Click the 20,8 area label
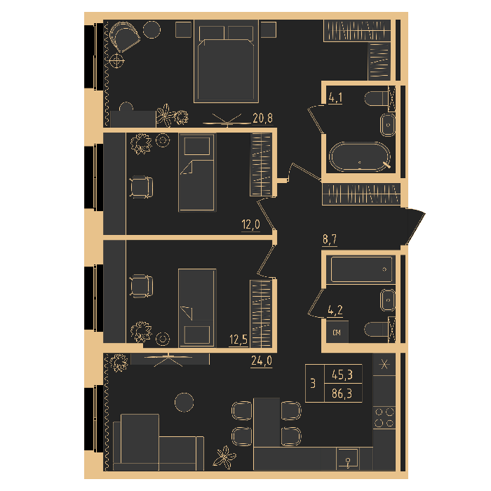pos(262,119)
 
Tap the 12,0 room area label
pos(250,224)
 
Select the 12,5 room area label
pos(238,339)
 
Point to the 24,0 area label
pos(262,361)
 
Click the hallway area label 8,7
pos(330,240)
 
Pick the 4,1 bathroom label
pos(335,97)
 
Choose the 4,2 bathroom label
pos(335,310)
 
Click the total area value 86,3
pos(342,394)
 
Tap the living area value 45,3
pos(342,375)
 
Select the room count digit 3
pos(313,383)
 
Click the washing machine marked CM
pos(337,332)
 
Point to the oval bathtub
pos(359,157)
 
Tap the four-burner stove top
pos(384,417)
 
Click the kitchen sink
pos(348,459)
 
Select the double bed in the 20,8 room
pos(226,62)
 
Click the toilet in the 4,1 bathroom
pos(376,99)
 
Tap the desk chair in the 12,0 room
pos(141,187)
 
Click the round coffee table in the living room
pos(184,403)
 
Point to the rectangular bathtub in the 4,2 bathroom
pos(361,269)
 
